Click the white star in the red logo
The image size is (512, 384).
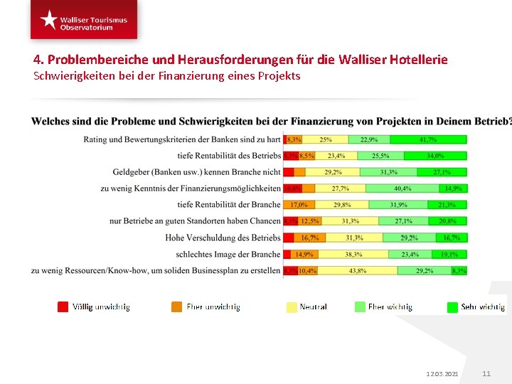tap(48, 19)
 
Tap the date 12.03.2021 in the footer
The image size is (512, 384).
tap(442, 374)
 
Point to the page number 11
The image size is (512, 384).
tap(486, 374)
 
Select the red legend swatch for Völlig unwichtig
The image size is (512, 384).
tap(63, 306)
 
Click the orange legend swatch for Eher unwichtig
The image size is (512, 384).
tap(176, 306)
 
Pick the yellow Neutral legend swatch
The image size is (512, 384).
tap(291, 306)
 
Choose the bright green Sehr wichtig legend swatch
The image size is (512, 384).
tap(452, 306)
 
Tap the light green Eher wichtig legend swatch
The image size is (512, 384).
tap(359, 306)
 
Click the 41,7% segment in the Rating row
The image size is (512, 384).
tap(428, 139)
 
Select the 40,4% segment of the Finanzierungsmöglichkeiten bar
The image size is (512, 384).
tap(402, 188)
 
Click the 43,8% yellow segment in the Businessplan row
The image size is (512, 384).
tap(358, 270)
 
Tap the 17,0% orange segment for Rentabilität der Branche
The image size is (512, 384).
tap(299, 205)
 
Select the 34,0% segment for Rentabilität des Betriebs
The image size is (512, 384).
tap(435, 156)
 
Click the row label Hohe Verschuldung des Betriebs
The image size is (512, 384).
tap(223, 238)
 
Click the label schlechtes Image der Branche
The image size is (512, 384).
tap(228, 254)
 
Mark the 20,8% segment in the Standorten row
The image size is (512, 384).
tap(448, 221)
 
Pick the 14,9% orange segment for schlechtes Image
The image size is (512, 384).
tap(304, 254)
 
